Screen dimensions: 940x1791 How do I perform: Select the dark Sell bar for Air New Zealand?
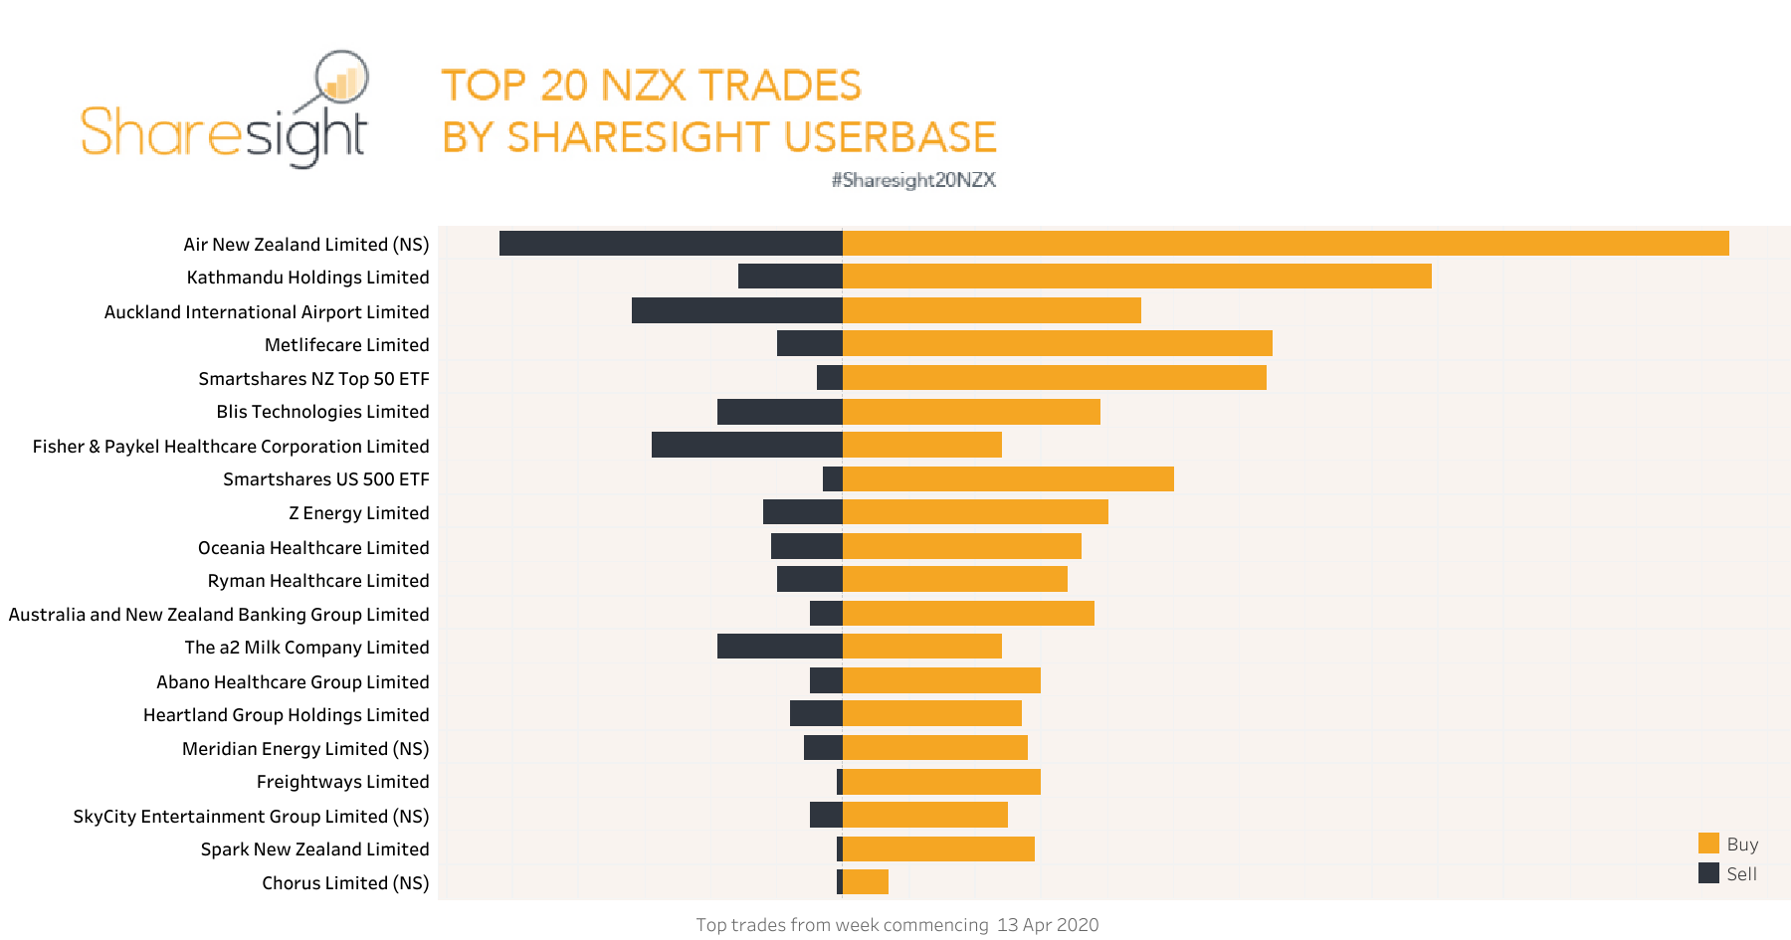pos(671,244)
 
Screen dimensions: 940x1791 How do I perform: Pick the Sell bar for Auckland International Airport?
pos(736,310)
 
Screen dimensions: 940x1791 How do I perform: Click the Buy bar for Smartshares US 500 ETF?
pos(1008,478)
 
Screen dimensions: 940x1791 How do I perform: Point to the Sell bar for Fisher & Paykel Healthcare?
pos(746,445)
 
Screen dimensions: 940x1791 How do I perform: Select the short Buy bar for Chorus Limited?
pos(866,882)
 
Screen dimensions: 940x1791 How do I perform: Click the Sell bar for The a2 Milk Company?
pos(779,647)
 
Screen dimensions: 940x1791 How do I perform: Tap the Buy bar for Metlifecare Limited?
pos(1057,344)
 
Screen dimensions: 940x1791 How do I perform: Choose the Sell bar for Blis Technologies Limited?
pos(779,412)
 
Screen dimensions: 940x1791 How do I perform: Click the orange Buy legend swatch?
pos(1708,844)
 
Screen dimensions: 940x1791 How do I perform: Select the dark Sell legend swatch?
pos(1708,873)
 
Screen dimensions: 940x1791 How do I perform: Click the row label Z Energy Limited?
pos(358,513)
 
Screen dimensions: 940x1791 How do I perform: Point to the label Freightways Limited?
pos(342,782)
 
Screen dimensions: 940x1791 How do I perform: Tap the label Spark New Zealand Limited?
pos(314,849)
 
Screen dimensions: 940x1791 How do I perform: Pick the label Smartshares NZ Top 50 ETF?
pos(313,379)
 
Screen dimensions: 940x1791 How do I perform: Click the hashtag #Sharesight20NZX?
pos(913,180)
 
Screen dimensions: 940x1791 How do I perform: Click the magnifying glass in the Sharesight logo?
pos(341,78)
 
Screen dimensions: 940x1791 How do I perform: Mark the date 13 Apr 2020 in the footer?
pos(1048,925)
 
